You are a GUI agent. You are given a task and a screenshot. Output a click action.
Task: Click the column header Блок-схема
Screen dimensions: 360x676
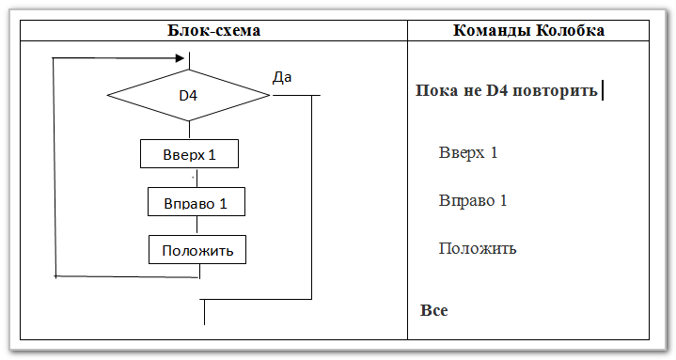[213, 30]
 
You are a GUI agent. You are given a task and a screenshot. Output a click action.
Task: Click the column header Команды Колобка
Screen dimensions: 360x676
[528, 30]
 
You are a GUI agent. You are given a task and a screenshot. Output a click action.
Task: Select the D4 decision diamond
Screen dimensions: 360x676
[188, 95]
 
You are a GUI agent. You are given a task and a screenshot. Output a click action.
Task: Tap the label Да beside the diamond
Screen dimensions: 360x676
[282, 77]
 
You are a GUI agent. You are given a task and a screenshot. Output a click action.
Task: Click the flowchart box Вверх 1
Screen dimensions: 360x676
[189, 153]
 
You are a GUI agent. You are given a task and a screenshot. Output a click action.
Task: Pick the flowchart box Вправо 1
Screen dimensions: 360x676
[197, 202]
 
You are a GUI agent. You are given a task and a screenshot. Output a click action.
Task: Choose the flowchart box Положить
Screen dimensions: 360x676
[197, 250]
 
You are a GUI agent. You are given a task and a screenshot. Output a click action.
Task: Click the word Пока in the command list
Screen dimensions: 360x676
[434, 92]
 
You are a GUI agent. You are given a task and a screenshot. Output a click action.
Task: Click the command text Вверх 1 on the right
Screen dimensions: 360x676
[467, 152]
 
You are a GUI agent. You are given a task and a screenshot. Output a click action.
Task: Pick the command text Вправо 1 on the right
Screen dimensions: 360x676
[473, 200]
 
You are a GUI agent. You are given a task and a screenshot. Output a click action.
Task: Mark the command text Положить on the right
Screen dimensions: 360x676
[478, 249]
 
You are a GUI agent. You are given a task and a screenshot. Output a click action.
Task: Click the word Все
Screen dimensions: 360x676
[433, 310]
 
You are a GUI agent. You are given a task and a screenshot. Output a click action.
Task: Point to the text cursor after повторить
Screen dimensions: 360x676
[602, 91]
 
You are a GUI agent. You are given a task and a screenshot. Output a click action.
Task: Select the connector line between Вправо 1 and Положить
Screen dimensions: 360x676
[197, 226]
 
